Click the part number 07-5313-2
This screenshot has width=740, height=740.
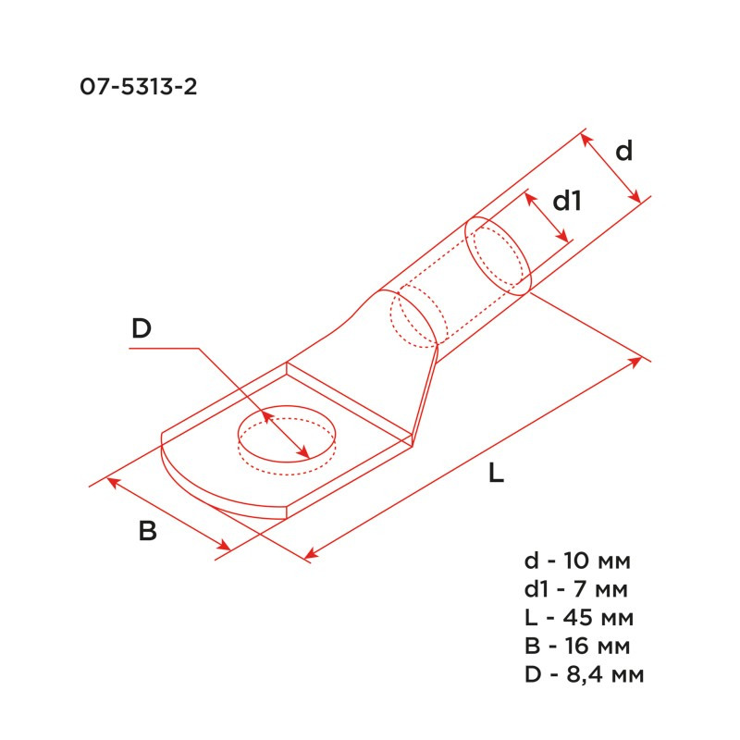(x=140, y=88)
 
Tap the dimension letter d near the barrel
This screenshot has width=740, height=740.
(x=624, y=151)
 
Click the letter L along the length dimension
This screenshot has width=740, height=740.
(x=496, y=475)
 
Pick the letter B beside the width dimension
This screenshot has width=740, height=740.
(x=147, y=532)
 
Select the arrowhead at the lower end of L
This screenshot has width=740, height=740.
(x=312, y=555)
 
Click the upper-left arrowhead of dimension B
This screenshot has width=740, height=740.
(x=113, y=481)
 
